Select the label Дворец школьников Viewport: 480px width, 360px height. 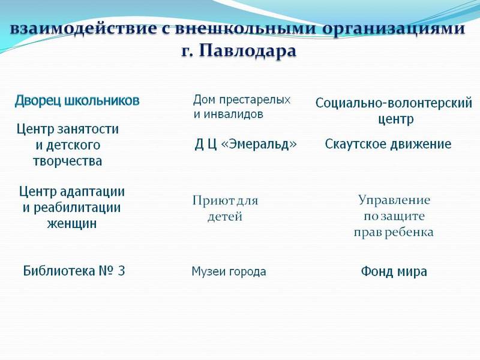point(77,101)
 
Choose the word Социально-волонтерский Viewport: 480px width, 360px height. point(394,103)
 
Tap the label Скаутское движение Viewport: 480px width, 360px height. point(388,145)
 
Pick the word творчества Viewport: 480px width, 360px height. point(67,161)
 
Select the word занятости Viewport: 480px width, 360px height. point(88,129)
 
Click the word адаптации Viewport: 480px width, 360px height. point(92,192)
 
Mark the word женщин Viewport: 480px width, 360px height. point(72,224)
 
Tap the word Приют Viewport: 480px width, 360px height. point(211,201)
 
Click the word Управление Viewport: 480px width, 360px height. point(394,200)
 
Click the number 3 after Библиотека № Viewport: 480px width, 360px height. point(121,271)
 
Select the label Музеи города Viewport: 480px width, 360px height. point(229,272)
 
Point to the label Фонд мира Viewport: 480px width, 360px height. point(394,272)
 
